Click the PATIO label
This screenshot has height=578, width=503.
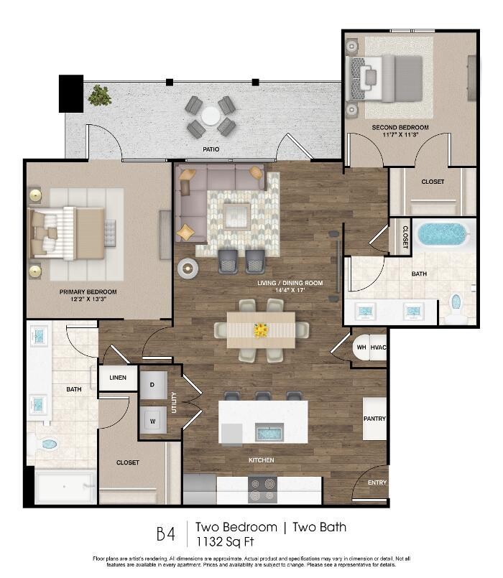(x=211, y=149)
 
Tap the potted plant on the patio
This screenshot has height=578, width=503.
(x=100, y=95)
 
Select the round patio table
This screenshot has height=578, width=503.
(x=211, y=116)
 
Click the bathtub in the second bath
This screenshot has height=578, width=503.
(x=443, y=235)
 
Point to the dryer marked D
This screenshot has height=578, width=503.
(x=153, y=385)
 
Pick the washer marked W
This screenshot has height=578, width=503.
(x=153, y=420)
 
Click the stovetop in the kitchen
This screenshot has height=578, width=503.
(x=262, y=490)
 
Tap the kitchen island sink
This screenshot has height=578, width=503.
(x=269, y=432)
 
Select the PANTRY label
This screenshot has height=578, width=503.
(x=374, y=419)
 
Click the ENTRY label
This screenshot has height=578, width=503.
(x=377, y=483)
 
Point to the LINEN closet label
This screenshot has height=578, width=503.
(x=118, y=378)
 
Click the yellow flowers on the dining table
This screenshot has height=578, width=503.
(x=261, y=330)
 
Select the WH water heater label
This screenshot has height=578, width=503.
(x=361, y=348)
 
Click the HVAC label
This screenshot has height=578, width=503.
(x=378, y=348)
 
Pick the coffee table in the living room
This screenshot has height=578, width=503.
(x=236, y=217)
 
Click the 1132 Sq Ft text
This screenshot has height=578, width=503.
(x=225, y=541)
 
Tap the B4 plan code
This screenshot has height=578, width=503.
(x=166, y=533)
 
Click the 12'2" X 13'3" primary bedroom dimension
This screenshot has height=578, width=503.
(x=88, y=299)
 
